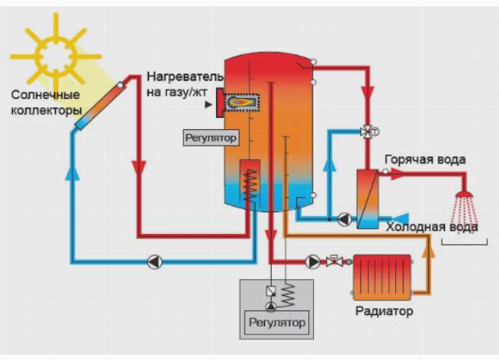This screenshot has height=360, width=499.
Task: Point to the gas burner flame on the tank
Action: (239, 102)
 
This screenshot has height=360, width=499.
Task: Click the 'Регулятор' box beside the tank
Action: (209, 138)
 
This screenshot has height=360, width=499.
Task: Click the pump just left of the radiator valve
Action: (312, 262)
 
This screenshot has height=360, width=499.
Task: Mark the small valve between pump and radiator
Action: (333, 262)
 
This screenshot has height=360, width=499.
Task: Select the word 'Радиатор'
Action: (384, 312)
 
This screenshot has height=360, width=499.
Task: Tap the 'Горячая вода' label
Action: (425, 160)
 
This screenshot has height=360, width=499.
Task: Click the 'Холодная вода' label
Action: (431, 227)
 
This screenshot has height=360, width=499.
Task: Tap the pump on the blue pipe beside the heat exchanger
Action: (344, 219)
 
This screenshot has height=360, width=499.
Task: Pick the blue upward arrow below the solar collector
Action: (72, 173)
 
